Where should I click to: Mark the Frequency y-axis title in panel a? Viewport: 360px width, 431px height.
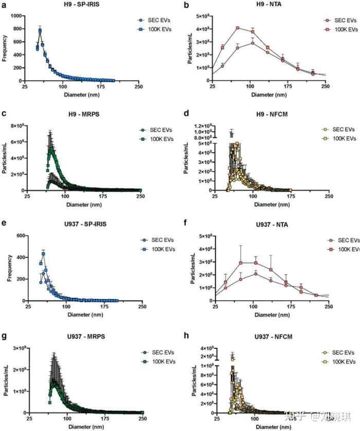pyautogui.click(x=5, y=48)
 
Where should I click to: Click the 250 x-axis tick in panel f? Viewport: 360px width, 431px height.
pyautogui.click(x=325, y=307)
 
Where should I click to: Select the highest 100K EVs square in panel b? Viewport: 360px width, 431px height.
pyautogui.click(x=238, y=28)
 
